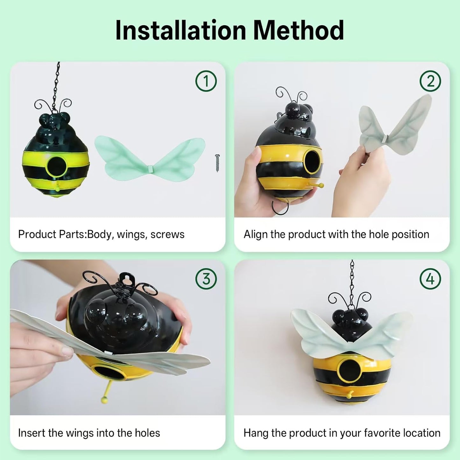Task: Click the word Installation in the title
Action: pos(181,31)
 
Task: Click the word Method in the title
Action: pos(298,31)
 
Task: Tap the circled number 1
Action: pos(206,81)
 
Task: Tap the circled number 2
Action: pos(430,81)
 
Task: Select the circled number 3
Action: pos(206,279)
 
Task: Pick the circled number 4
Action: pos(430,279)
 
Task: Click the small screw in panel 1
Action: pos(217,163)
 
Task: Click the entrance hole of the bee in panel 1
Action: pos(56,166)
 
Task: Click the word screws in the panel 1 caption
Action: pos(167,235)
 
